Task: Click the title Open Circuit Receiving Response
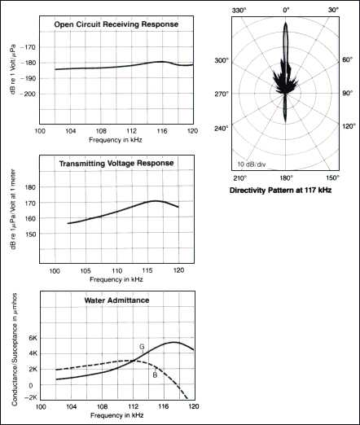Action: pos(116,24)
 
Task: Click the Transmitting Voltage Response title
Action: pos(116,164)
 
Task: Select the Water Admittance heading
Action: pos(116,300)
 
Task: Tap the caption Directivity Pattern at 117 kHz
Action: pos(280,190)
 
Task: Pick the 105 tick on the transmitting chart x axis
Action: pos(86,271)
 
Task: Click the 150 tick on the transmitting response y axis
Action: pos(30,234)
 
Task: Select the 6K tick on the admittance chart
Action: pos(33,338)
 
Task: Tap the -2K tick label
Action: pos(31,397)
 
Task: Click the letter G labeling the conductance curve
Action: pos(142,347)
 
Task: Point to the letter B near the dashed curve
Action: pos(155,375)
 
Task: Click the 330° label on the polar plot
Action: pos(239,11)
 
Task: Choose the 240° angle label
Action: pos(222,128)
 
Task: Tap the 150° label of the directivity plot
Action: pos(333,177)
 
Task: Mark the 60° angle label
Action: pos(347,59)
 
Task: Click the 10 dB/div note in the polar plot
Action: pos(252,164)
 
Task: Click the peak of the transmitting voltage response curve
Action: pos(156,201)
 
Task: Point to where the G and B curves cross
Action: pos(134,361)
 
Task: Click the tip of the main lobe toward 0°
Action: pos(286,23)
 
